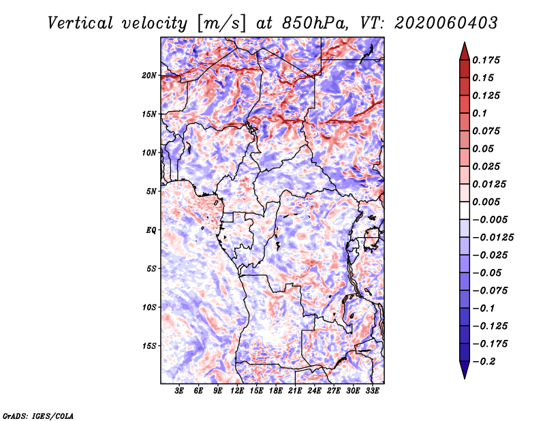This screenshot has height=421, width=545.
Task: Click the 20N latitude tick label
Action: point(149,76)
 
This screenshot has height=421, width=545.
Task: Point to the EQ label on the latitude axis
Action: point(151,230)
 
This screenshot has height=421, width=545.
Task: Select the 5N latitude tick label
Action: point(151,191)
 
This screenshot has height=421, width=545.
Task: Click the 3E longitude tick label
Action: point(179,390)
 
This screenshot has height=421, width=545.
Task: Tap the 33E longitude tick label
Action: point(372,390)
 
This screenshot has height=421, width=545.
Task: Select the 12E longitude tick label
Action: point(236,390)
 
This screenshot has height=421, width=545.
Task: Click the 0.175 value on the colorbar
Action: point(486,60)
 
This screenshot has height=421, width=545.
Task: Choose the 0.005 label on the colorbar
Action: point(486,202)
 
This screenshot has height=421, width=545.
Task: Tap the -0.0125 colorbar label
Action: point(493,238)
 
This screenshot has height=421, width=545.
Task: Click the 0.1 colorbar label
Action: point(480,113)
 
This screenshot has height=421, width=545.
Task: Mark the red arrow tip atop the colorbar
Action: point(465,43)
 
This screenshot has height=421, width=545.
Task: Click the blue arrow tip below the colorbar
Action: point(465,378)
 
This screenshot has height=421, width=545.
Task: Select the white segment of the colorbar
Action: point(465,210)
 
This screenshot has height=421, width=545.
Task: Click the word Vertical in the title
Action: point(80,23)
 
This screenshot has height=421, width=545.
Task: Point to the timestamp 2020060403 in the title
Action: point(446,23)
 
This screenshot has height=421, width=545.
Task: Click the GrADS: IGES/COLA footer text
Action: point(38,416)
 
